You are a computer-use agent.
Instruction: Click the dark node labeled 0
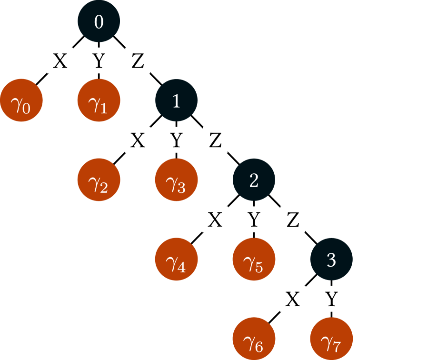point(99,21)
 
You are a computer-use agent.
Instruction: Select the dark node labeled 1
point(176,101)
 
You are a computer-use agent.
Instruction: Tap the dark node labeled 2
point(254,180)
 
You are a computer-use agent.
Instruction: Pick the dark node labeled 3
point(331,260)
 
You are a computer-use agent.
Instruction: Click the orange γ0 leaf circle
point(21,101)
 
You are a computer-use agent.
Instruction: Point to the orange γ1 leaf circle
point(99,101)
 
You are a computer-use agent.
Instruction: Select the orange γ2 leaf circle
point(99,180)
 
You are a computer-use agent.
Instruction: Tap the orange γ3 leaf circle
point(176,180)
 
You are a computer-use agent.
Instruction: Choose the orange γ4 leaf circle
point(176,260)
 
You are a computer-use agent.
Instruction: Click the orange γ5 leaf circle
point(254,260)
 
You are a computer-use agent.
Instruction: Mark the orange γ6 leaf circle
point(254,339)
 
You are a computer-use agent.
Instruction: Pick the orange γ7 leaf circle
point(331,339)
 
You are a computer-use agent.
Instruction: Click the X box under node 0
point(60,61)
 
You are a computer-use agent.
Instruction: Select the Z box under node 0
point(138,61)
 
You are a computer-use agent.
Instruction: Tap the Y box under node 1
point(176,140)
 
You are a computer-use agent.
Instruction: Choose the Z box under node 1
point(215,140)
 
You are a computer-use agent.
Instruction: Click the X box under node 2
point(215,220)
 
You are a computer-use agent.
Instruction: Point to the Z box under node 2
point(293,220)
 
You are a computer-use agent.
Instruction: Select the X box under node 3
point(293,299)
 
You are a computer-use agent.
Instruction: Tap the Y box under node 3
point(331,299)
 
